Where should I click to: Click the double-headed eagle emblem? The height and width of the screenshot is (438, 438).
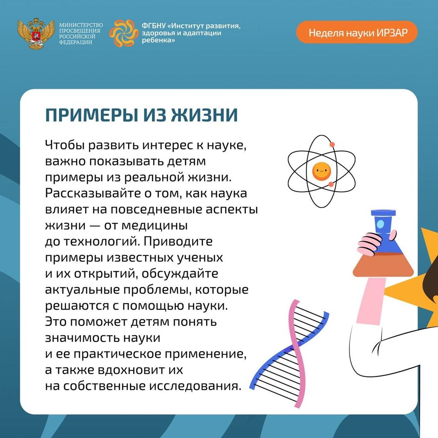(x=36, y=34)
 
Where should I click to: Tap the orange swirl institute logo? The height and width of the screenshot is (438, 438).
(x=124, y=33)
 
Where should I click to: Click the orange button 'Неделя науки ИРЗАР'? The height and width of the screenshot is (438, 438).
(x=357, y=33)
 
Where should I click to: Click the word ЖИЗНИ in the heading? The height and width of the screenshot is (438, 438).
(x=204, y=115)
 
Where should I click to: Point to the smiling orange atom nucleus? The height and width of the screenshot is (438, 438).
(x=322, y=171)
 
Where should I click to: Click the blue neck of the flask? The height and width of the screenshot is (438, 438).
(x=383, y=225)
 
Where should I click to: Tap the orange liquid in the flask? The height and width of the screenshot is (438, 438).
(x=383, y=265)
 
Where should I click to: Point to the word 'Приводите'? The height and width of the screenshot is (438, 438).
(x=178, y=241)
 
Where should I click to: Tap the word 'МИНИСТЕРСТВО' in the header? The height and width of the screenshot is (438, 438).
(x=81, y=25)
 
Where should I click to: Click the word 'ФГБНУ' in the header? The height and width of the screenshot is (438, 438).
(x=154, y=26)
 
